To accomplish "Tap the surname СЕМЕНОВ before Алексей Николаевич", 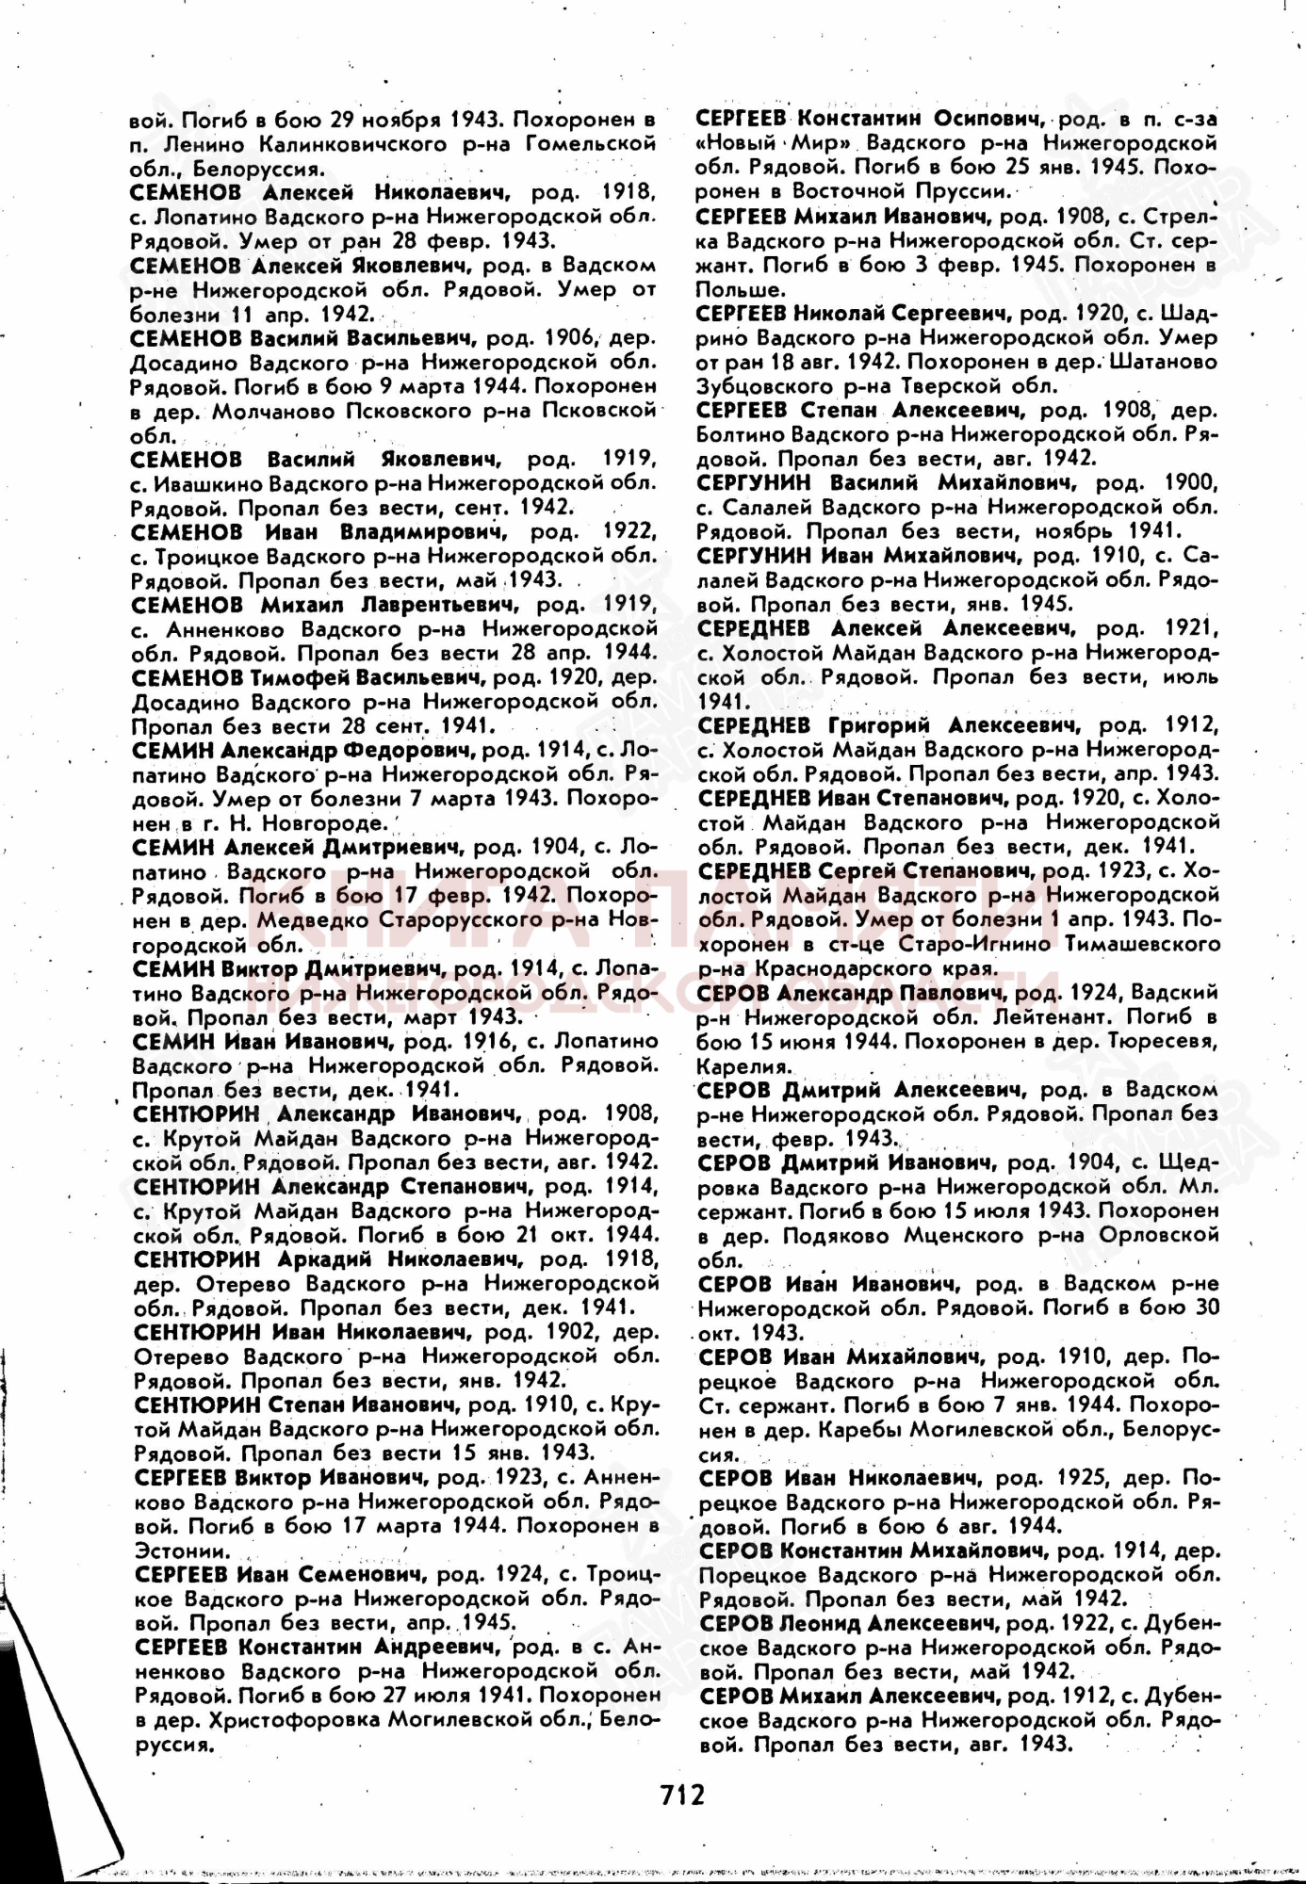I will pyautogui.click(x=186, y=192).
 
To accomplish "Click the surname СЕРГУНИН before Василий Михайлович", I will pyautogui.click(x=755, y=483).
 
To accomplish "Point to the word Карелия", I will pyautogui.click(x=743, y=1067).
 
